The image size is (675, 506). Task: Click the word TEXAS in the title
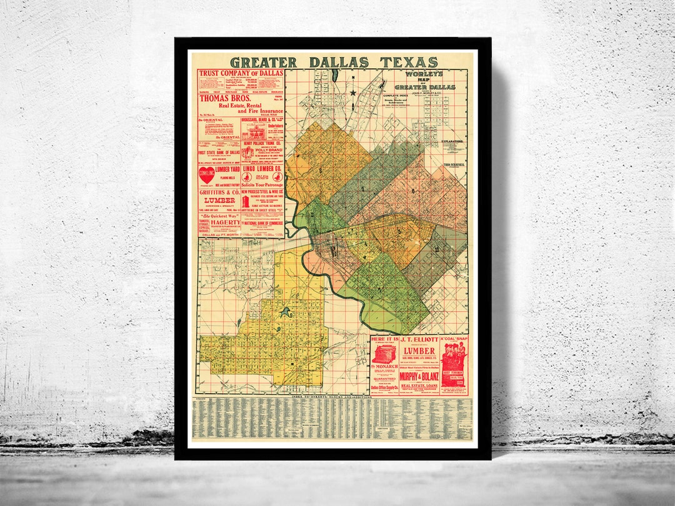(407, 62)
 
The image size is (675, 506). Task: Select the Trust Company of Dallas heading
(241, 73)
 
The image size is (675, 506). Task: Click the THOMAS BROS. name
(226, 98)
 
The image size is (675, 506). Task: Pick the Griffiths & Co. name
(218, 194)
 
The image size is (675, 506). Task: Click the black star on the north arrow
(353, 92)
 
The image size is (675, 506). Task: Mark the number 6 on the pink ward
(413, 191)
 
